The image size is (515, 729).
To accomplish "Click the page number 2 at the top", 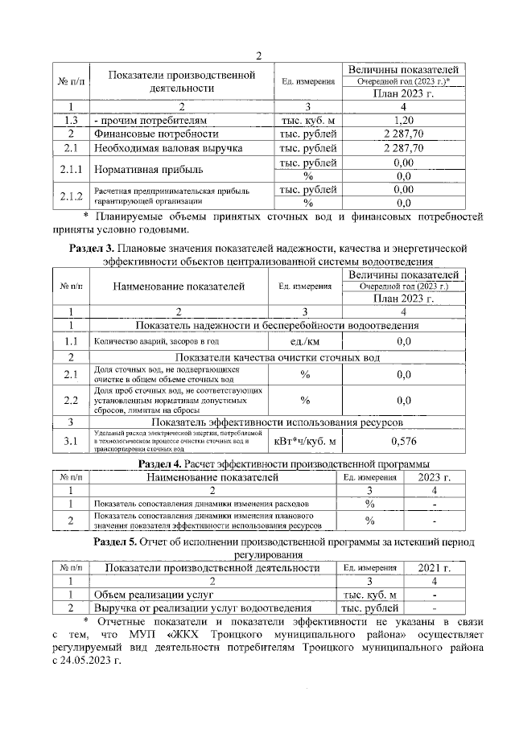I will point(258,56).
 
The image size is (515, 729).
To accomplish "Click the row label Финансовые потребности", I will point(154,134).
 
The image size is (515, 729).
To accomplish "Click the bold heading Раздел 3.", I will point(95,249).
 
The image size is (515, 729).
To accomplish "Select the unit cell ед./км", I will point(306,342).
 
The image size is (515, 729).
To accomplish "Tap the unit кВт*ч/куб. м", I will point(306,441).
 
